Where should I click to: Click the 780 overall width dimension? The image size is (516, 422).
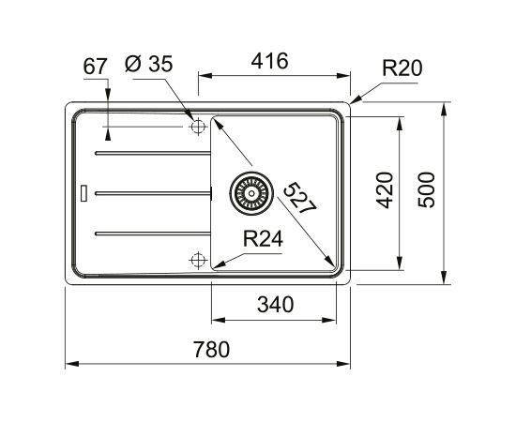[x=211, y=349]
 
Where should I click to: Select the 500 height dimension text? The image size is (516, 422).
[x=427, y=189]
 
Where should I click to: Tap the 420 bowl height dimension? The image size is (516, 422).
[x=385, y=190]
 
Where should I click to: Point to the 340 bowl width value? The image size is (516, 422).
[x=275, y=304]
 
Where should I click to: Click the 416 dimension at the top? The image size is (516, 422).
[x=269, y=61]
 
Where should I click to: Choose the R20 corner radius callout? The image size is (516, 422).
[x=402, y=68]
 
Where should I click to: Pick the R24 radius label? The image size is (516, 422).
[x=263, y=238]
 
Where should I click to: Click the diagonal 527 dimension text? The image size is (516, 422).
[x=300, y=198]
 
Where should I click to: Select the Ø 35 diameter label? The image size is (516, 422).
[x=149, y=64]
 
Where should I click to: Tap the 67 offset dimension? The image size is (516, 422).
[x=95, y=66]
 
